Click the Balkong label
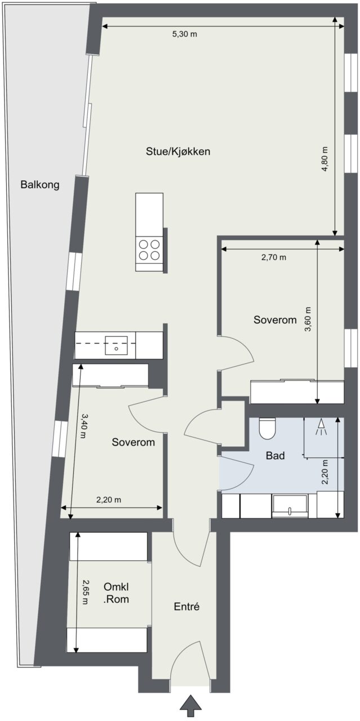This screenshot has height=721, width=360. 40,185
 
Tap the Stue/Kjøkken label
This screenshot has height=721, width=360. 178,152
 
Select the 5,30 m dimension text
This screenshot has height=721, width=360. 185,34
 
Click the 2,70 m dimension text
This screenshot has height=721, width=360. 274,257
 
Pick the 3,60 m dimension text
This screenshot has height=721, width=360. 308,319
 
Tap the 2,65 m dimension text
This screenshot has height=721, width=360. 85,592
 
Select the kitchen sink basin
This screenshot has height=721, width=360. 116,345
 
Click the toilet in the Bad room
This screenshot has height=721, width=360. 268,429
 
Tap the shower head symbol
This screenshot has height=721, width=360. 321,427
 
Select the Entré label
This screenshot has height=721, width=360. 187,607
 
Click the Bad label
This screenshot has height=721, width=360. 275,456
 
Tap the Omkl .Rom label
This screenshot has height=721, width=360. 116,593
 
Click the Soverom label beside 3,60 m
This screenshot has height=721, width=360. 275,319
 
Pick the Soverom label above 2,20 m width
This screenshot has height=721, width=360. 134,442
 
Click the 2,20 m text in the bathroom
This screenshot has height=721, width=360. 325,472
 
